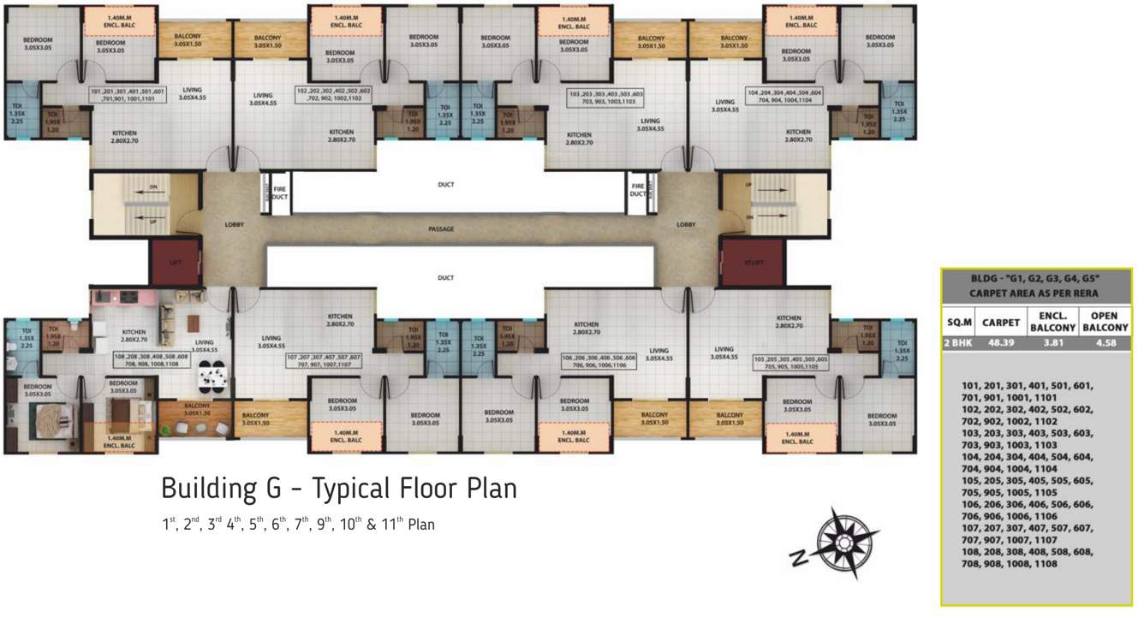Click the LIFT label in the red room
pyautogui.click(x=175, y=264)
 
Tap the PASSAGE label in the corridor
pyautogui.click(x=441, y=229)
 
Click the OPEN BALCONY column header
pyautogui.click(x=1105, y=322)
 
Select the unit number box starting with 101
pyautogui.click(x=129, y=94)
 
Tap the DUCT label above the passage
pyautogui.click(x=445, y=184)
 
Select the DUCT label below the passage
pyautogui.click(x=445, y=278)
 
